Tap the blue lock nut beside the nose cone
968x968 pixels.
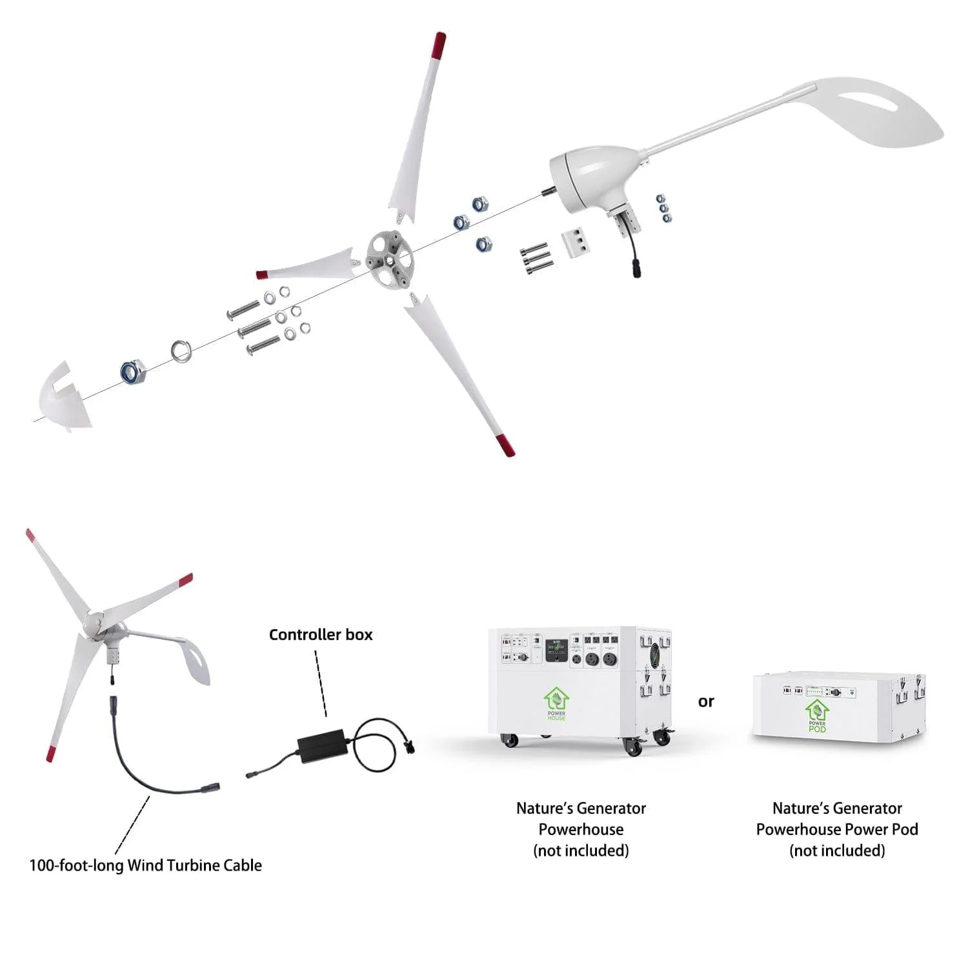point(133,372)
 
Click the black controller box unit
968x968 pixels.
point(321,743)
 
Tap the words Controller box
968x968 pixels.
point(321,635)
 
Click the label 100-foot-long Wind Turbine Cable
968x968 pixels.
point(146,865)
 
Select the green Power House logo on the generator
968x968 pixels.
point(556,703)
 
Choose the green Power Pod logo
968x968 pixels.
point(817,715)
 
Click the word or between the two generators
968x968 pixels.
point(706,701)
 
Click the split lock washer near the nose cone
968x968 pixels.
point(181,352)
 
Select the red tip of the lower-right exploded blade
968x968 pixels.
point(504,445)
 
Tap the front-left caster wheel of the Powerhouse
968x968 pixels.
point(510,740)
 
